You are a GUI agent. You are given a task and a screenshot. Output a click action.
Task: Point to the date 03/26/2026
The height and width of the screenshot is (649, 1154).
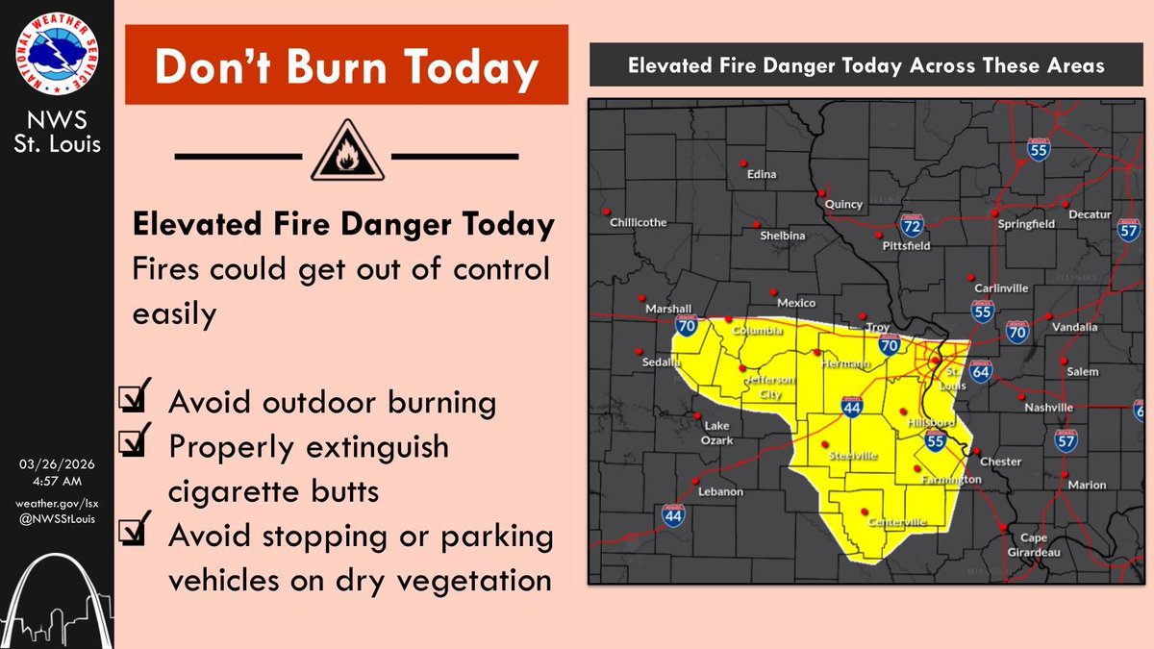(57, 463)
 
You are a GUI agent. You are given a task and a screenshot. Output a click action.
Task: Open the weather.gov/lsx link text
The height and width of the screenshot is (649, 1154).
(57, 504)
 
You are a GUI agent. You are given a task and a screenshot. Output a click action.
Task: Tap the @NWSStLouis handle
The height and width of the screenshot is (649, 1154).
(57, 519)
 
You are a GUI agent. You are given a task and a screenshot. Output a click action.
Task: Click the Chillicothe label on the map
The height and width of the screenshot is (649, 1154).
(638, 223)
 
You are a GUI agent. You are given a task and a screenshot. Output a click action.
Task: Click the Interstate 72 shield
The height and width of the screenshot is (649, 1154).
(912, 227)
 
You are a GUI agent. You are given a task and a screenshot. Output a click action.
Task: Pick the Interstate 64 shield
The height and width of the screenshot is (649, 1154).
(980, 371)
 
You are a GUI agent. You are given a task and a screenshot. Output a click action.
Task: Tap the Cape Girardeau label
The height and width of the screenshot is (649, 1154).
(1033, 544)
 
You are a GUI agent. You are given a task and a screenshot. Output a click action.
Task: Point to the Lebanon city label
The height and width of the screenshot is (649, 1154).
(721, 491)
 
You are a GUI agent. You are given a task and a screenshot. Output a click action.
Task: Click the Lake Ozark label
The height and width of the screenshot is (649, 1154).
(718, 433)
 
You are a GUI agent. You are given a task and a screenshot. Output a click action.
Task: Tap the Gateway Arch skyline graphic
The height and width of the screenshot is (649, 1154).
(57, 596)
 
